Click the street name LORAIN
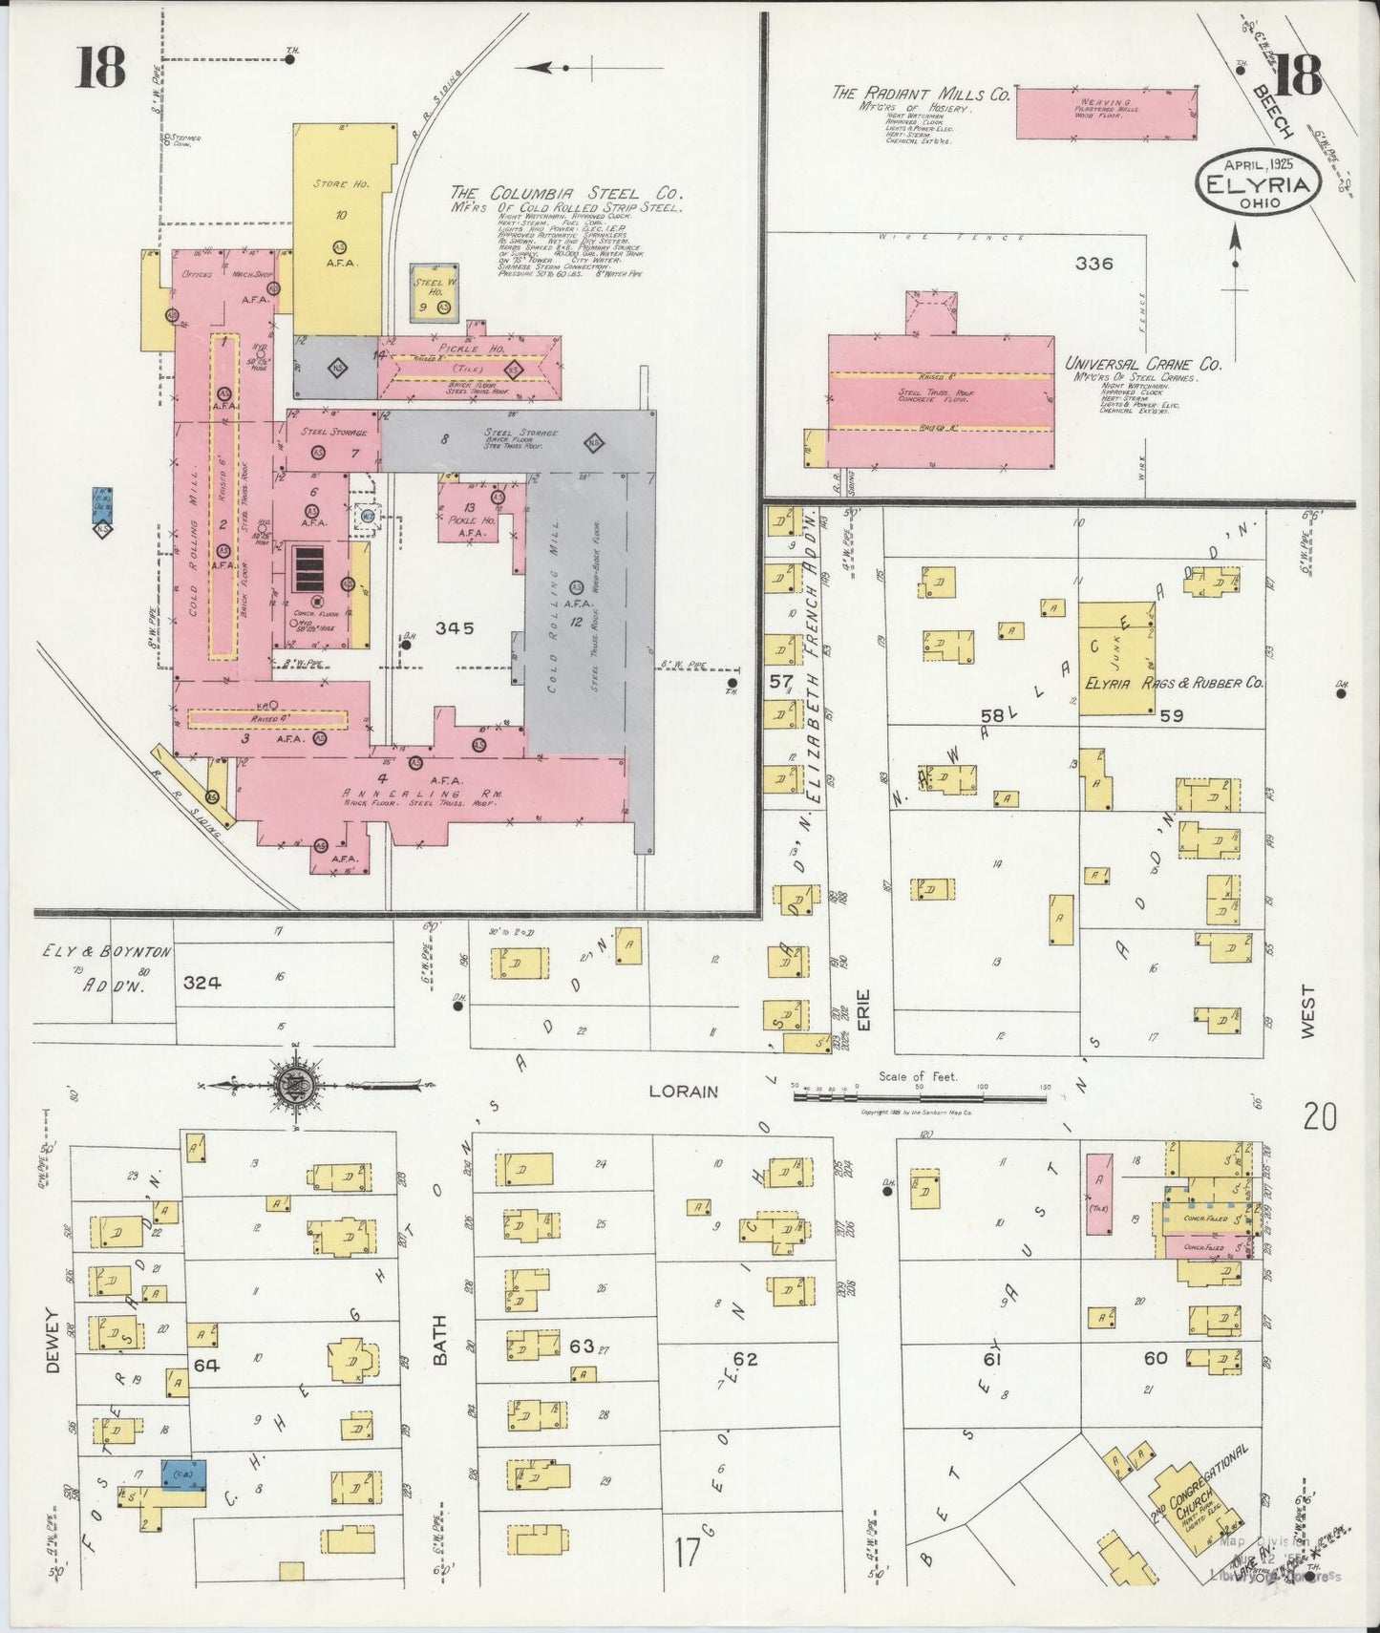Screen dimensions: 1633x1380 coord(683,1091)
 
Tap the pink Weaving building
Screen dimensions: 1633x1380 coord(1106,114)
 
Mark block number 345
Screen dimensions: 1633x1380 coord(455,627)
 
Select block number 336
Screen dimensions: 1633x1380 coord(1093,264)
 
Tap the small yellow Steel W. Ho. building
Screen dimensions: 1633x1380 coord(434,292)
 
